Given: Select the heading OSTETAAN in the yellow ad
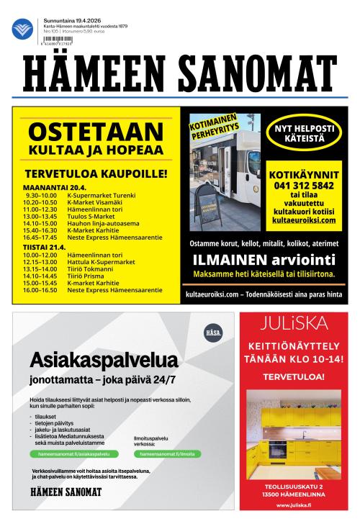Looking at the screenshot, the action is (x=95, y=132).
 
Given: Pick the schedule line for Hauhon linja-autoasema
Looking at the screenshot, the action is (x=94, y=222).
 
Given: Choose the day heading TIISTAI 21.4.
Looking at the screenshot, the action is (x=45, y=247).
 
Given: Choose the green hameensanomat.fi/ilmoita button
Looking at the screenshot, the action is (x=164, y=454).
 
